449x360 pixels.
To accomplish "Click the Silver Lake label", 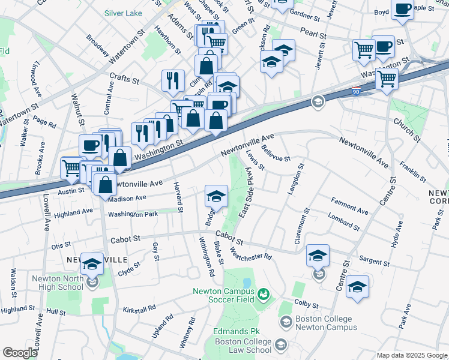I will [x=124, y=13].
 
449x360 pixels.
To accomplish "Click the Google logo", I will [x=20, y=353].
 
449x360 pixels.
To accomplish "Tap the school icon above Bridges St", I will [x=216, y=194].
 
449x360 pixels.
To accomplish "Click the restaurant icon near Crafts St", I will [x=173, y=80].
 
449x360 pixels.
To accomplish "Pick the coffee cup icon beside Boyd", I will [x=402, y=10].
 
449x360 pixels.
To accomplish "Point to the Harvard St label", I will [x=178, y=196].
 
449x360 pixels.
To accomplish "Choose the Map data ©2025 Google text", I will [x=411, y=355].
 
